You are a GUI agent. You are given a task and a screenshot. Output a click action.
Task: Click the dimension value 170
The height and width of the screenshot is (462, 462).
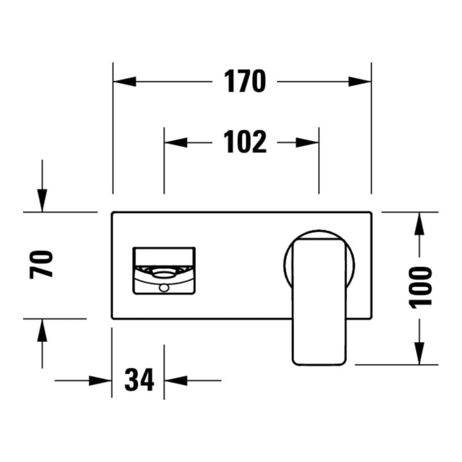point(245,81)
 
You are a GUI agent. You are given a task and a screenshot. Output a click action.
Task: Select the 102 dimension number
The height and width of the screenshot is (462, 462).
point(245,142)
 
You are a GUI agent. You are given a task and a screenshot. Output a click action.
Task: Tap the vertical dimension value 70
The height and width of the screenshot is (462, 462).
point(41,264)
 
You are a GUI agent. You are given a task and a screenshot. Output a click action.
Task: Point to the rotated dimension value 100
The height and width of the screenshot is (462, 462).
point(420,287)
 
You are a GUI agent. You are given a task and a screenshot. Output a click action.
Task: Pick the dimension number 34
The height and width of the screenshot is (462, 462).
point(139,380)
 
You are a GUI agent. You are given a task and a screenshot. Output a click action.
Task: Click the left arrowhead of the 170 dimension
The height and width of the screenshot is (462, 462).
point(124,81)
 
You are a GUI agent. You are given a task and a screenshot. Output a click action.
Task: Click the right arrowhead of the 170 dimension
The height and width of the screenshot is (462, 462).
point(360,81)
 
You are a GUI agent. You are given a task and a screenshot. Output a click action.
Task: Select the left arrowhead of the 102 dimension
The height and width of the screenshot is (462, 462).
point(176,142)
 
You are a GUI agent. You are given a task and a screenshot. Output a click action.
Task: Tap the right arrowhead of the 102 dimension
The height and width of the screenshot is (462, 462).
point(307,142)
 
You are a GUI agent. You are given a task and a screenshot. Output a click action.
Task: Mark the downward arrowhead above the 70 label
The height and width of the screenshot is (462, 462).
point(42,200)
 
